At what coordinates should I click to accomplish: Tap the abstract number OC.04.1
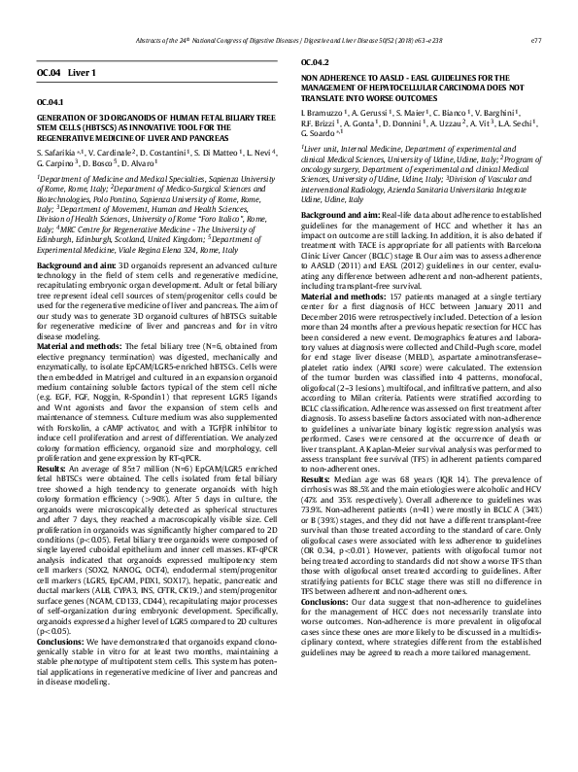pos(50,102)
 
